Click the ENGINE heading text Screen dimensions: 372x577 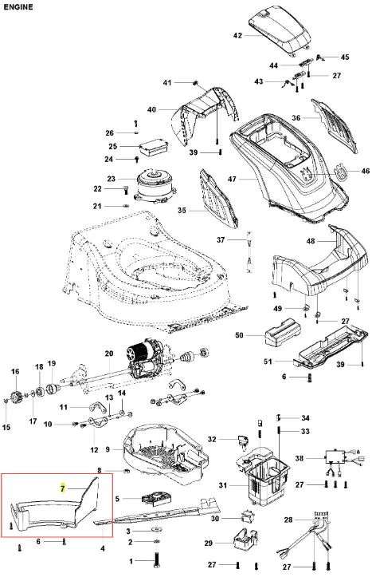[18, 7]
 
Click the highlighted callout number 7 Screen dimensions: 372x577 [63, 488]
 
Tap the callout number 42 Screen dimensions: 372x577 [237, 35]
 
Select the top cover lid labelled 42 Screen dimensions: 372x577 [280, 32]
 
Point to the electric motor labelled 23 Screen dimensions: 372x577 [155, 185]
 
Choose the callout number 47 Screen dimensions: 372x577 [232, 180]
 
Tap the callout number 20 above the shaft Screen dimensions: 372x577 [109, 354]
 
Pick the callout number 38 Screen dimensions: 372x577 [300, 459]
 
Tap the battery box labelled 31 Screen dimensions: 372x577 [264, 476]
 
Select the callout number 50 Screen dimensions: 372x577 [239, 335]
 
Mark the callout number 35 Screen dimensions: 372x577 [182, 211]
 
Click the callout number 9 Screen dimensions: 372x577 [108, 449]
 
